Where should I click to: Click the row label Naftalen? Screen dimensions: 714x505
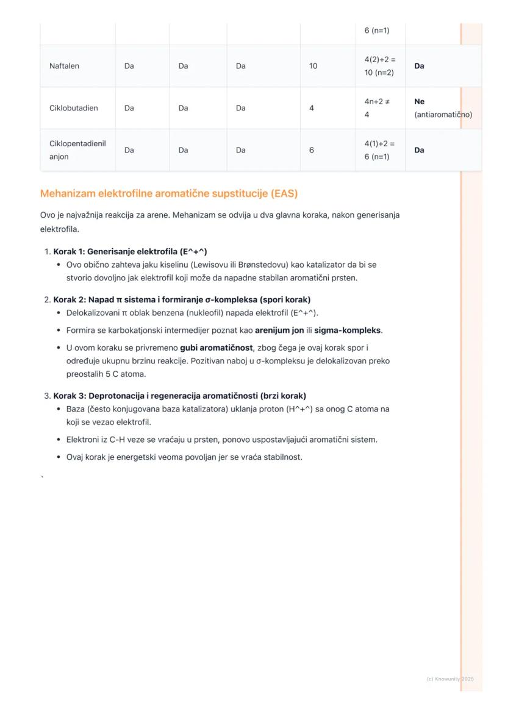tap(64, 66)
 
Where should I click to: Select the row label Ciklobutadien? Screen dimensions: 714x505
tap(73, 108)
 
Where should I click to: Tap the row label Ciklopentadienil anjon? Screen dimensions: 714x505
tap(77, 150)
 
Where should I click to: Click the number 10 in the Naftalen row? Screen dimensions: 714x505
tap(313, 66)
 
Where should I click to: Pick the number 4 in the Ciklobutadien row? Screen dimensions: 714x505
tap(312, 108)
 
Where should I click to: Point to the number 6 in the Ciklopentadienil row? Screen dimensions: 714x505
tap(312, 150)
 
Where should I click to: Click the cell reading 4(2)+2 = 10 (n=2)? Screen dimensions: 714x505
tap(380, 66)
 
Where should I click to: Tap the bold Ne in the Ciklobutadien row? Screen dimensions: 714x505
tap(419, 102)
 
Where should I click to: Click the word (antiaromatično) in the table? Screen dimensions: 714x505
tap(443, 115)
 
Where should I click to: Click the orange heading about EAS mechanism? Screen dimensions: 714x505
tap(169, 194)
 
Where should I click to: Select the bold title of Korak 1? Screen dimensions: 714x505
tap(130, 251)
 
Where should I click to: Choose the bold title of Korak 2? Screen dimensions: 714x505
tap(182, 299)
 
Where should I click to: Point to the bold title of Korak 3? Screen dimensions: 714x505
tap(179, 396)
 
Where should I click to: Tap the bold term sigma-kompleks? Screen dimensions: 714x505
tap(347, 330)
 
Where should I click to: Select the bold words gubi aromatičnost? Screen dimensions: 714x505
tap(216, 348)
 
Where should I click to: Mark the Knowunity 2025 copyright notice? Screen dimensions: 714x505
tap(449, 679)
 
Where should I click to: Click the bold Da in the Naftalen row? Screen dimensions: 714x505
tap(419, 66)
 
